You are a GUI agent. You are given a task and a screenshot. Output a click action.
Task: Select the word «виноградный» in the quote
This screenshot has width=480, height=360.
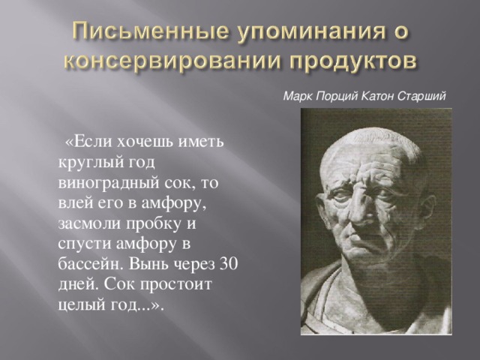(x=109, y=183)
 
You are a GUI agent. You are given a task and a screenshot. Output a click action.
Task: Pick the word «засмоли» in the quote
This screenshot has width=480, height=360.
(x=89, y=223)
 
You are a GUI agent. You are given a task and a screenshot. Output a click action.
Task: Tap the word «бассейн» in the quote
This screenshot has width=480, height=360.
(x=91, y=264)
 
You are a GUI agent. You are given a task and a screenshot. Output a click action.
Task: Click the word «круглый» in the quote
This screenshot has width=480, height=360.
(x=86, y=163)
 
